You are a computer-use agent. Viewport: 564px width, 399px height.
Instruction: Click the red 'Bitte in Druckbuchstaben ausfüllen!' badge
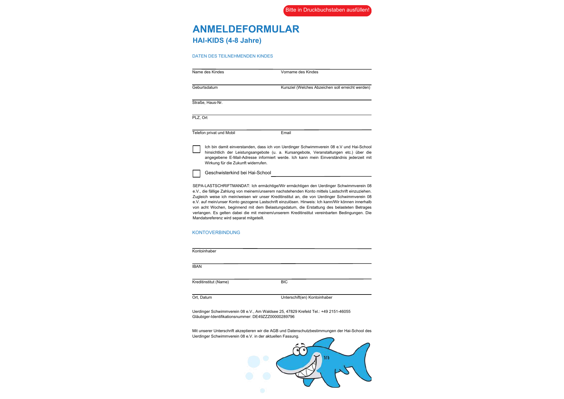click(327, 10)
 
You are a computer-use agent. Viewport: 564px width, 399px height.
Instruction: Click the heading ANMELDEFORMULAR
click(246, 29)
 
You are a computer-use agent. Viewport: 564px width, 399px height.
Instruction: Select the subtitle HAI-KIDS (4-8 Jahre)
click(227, 41)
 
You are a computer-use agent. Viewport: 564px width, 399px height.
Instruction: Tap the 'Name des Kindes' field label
click(208, 72)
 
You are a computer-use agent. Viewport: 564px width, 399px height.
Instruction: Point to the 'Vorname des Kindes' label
click(300, 72)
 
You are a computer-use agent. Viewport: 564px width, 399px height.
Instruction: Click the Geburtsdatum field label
click(205, 87)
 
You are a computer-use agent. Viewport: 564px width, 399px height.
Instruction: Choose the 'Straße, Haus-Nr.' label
click(207, 103)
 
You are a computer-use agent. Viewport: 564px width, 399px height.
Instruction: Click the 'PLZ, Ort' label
click(200, 118)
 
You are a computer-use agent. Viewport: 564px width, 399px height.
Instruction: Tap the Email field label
click(286, 133)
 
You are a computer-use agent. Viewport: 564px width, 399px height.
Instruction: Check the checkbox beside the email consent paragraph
click(196, 149)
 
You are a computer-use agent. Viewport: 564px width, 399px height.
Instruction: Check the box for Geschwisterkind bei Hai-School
click(196, 174)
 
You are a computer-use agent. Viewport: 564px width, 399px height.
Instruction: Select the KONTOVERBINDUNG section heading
click(216, 232)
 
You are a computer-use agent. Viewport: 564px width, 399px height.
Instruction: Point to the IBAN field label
click(197, 267)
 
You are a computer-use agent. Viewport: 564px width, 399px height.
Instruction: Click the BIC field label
click(284, 282)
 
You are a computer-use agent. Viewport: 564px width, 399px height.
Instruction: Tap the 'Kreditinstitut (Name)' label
click(210, 282)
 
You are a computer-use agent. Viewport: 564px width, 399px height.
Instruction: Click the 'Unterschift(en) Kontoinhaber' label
click(307, 297)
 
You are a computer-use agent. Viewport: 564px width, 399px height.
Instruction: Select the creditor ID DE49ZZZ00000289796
click(273, 317)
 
